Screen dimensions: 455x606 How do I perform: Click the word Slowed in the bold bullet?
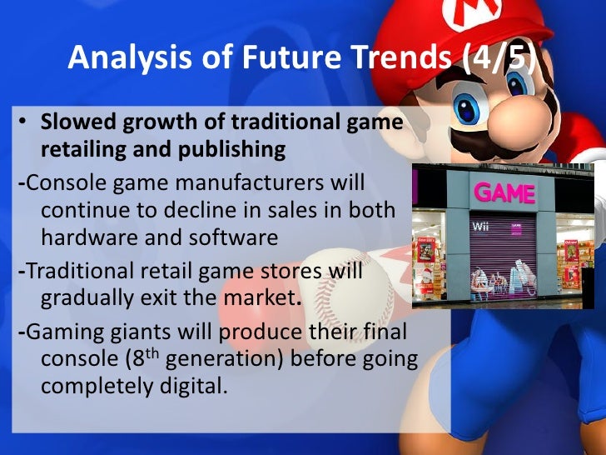75,122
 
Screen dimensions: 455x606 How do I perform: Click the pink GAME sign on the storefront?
504,194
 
